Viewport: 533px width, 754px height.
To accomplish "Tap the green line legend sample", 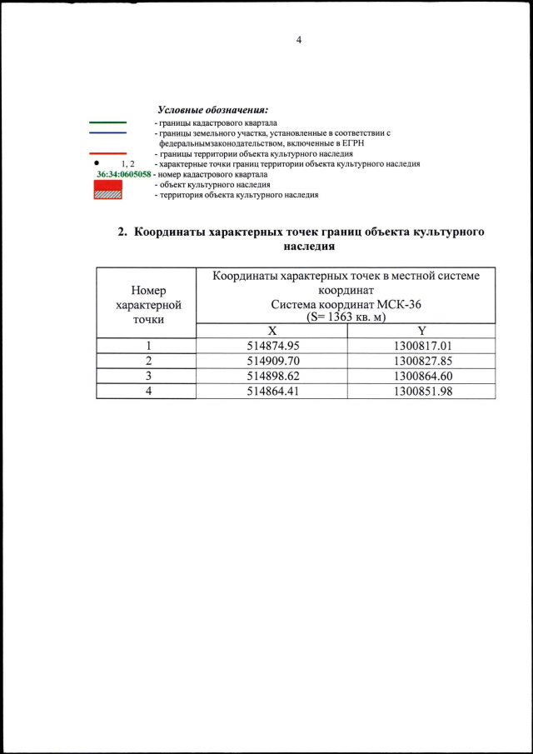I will (x=107, y=122).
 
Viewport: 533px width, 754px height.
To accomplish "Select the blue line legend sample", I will (x=107, y=133).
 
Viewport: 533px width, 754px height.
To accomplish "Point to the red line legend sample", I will (x=107, y=154).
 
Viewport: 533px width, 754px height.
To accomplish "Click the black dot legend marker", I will (x=97, y=163).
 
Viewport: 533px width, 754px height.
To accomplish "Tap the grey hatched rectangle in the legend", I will (x=108, y=194).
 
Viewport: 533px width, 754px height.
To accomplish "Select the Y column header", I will (x=422, y=331).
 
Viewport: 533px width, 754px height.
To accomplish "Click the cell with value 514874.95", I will (x=273, y=346).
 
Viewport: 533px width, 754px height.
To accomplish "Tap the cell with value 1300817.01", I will (x=422, y=346).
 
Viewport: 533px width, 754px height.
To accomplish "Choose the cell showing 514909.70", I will (x=273, y=362).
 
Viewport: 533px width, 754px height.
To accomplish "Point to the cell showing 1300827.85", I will (x=422, y=362).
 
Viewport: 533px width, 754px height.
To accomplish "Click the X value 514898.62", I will (x=273, y=377).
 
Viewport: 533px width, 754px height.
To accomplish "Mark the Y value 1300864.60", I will (x=422, y=377).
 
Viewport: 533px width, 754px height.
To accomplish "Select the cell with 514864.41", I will (x=273, y=392).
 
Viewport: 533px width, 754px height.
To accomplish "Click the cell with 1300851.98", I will (x=422, y=392).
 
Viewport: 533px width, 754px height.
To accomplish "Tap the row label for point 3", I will (x=147, y=377).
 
